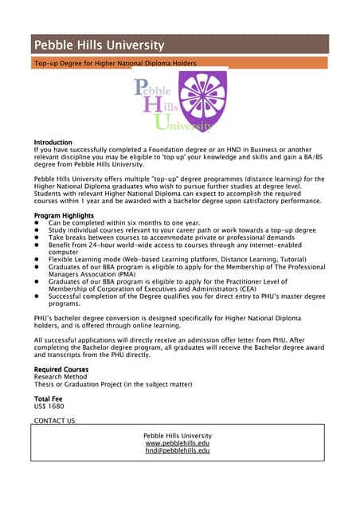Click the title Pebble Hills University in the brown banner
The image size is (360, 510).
[x=99, y=45]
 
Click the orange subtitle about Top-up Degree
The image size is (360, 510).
[x=115, y=62]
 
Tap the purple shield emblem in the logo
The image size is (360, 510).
[x=202, y=100]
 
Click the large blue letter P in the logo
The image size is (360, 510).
[x=143, y=87]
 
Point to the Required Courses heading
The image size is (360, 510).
[x=61, y=370]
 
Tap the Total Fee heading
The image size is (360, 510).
[x=48, y=398]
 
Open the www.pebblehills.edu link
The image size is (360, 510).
[x=178, y=443]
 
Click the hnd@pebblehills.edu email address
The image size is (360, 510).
[x=178, y=450]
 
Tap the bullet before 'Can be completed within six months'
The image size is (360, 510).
[x=37, y=223]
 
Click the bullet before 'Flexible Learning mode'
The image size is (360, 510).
[x=37, y=260]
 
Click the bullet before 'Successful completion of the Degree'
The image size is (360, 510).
[x=37, y=296]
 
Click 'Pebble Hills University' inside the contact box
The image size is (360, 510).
[x=178, y=436]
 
